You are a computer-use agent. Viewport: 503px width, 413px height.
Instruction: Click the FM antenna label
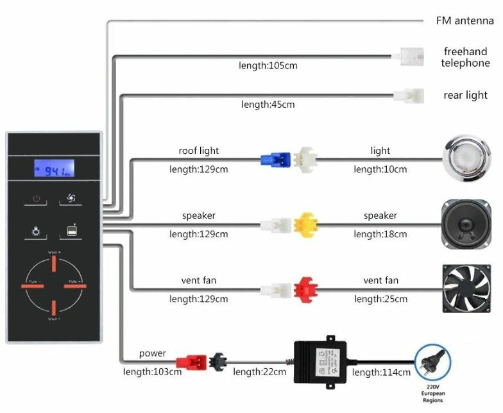pos(465,21)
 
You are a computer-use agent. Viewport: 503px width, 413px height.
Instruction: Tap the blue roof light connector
pos(271,160)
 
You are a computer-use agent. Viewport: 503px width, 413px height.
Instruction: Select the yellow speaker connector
pos(305,224)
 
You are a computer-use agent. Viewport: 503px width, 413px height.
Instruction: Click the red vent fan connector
pos(304,290)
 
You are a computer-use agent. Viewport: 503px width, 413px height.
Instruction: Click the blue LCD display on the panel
pos(54,169)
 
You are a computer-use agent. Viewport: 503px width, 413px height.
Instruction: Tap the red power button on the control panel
pos(36,199)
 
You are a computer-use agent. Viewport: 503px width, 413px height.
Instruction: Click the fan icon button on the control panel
pos(71,199)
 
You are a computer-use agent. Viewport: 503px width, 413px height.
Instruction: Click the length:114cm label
pos(381,372)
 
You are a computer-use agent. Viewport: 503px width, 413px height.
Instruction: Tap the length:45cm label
pos(268,104)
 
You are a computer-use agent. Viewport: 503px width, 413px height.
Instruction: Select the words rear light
pos(465,96)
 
